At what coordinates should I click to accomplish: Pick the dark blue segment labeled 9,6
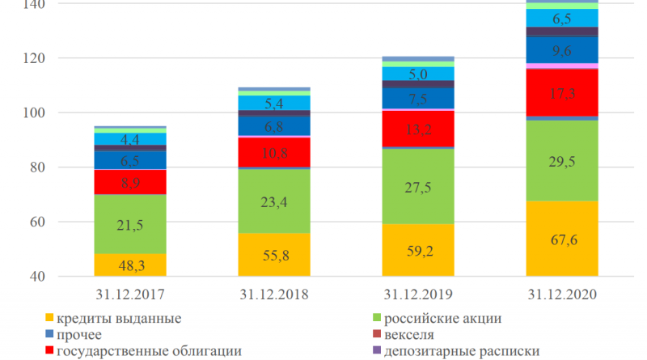[x=562, y=50]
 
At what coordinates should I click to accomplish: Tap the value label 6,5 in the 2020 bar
[x=562, y=18]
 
